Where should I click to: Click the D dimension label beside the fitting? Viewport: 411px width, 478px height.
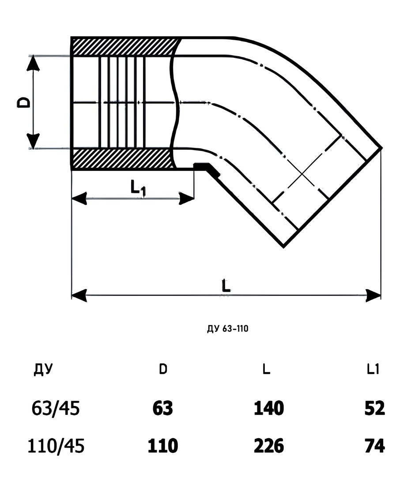[23, 102]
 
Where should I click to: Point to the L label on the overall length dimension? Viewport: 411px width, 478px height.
[226, 286]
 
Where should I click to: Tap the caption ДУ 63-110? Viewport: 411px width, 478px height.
[227, 329]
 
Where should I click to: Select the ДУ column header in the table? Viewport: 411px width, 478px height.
[43, 369]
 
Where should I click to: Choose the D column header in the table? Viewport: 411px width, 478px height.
[163, 369]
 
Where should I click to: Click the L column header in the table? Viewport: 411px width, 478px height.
[267, 369]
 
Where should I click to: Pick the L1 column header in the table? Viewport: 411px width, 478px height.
[373, 369]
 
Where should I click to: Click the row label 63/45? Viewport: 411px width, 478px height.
[56, 408]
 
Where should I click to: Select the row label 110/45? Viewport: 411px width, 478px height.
[56, 446]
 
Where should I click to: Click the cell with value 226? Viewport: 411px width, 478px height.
[268, 446]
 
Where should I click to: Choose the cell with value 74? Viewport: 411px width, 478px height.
[375, 446]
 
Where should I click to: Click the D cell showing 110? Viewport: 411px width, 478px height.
[163, 446]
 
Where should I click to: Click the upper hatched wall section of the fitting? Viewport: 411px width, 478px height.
[125, 47]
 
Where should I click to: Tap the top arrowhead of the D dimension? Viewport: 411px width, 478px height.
[33, 63]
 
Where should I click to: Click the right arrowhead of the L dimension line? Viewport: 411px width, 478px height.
[373, 295]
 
